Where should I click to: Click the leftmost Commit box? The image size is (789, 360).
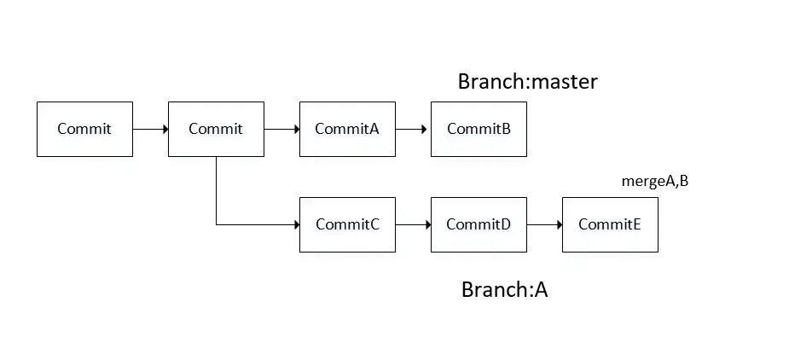pyautogui.click(x=84, y=129)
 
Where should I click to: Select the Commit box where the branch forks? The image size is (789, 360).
pyautogui.click(x=216, y=129)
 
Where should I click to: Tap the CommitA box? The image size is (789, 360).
pyautogui.click(x=347, y=129)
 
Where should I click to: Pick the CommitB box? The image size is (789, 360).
pyautogui.click(x=479, y=129)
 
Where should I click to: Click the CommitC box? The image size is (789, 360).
pyautogui.click(x=347, y=224)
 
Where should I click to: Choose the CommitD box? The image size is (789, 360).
pyautogui.click(x=479, y=224)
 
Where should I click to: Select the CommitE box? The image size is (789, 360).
pyautogui.click(x=610, y=224)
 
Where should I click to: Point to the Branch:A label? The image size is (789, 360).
pyautogui.click(x=504, y=289)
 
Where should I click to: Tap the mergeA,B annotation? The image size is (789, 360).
pyautogui.click(x=655, y=181)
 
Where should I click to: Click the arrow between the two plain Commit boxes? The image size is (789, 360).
pyautogui.click(x=150, y=129)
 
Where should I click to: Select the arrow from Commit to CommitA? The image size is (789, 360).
pyautogui.click(x=281, y=129)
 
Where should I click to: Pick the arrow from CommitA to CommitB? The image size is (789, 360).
pyautogui.click(x=413, y=129)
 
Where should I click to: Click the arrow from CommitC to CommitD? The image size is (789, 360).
pyautogui.click(x=413, y=224)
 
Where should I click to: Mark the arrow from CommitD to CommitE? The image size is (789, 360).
pyautogui.click(x=544, y=224)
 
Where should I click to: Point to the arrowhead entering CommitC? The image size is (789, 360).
pyautogui.click(x=296, y=224)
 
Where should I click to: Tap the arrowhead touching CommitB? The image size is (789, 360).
pyautogui.click(x=427, y=129)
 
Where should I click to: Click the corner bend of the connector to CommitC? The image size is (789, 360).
pyautogui.click(x=217, y=224)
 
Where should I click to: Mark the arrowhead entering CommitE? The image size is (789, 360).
pyautogui.click(x=559, y=224)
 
